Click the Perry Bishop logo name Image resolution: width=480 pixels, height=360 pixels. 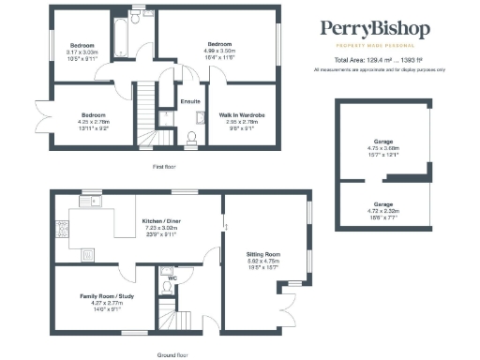375,30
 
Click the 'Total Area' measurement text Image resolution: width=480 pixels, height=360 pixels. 375,60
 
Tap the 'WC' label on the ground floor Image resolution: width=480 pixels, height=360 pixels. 172,278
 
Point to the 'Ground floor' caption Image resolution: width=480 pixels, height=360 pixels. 172,355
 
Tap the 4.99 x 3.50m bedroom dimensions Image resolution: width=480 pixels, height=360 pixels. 219,52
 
